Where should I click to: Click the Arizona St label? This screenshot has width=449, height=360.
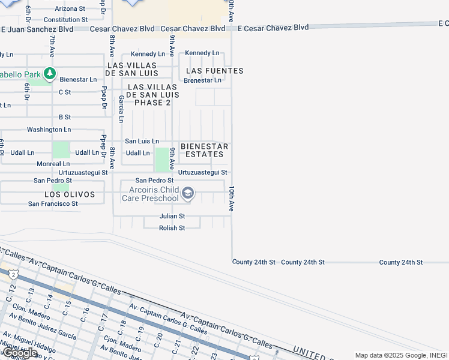[70, 9]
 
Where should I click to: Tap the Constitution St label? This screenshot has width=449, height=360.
[66, 20]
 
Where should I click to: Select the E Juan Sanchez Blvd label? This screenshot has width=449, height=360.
[37, 29]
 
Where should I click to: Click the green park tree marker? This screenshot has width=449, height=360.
[50, 74]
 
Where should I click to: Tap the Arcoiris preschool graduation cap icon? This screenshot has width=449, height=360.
[188, 193]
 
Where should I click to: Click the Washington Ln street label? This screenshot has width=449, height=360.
[49, 130]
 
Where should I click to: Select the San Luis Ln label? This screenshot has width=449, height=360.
[142, 141]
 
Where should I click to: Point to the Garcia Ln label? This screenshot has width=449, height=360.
[121, 109]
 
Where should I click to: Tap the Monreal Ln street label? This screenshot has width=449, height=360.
[53, 164]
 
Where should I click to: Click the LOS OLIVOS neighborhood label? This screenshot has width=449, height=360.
[70, 194]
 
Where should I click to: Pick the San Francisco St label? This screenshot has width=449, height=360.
[53, 204]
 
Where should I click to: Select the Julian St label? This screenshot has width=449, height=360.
[172, 216]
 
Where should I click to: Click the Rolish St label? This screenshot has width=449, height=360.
[172, 228]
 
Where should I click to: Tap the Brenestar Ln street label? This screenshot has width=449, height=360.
[202, 80]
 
